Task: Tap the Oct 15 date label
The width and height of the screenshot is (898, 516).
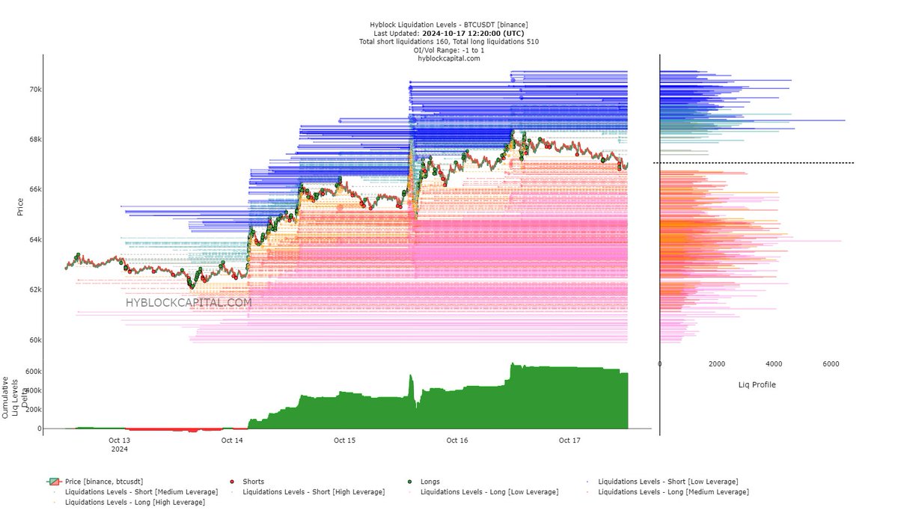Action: [x=344, y=440]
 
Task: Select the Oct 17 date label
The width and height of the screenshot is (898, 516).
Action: [x=569, y=440]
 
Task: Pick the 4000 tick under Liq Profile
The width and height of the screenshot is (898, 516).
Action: [x=773, y=364]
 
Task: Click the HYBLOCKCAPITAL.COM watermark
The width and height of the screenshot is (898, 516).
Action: [x=188, y=303]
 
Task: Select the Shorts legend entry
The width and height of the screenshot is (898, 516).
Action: [x=253, y=482]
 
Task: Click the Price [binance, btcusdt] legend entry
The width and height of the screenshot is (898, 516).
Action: [x=103, y=482]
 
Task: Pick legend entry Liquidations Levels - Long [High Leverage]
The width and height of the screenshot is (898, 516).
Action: [x=135, y=502]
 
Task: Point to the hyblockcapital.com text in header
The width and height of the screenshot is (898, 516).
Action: [x=448, y=58]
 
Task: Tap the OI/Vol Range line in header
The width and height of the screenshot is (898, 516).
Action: [x=448, y=50]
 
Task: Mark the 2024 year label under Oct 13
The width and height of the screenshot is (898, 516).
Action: [x=119, y=449]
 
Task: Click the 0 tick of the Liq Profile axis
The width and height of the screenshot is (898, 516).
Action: [x=660, y=364]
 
